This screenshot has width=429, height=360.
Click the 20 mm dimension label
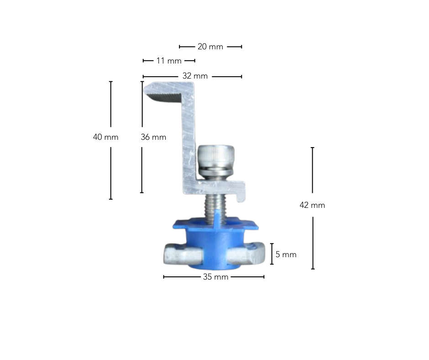[x=210, y=47]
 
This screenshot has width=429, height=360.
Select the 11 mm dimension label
[x=168, y=61]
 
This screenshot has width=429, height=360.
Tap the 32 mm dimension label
[x=195, y=76]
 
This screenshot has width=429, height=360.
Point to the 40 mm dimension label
[x=105, y=137]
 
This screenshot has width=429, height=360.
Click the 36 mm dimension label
[x=153, y=137]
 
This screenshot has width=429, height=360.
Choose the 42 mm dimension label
[x=312, y=205]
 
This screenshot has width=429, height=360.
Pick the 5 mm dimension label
[x=286, y=254]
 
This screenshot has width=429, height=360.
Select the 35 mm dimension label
[x=215, y=277]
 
